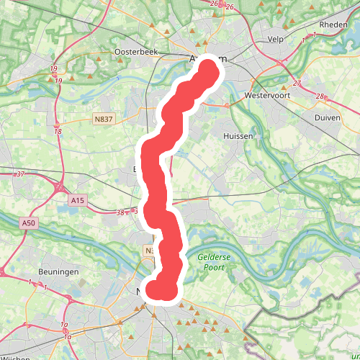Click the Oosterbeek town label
click(136, 53)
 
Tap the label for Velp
click(276, 40)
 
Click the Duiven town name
click(328, 117)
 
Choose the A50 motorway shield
click(28, 223)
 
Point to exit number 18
click(58, 131)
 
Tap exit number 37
click(20, 174)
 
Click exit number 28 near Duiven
click(320, 96)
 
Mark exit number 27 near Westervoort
click(297, 83)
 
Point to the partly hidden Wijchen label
click(15, 357)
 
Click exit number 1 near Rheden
click(315, 34)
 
